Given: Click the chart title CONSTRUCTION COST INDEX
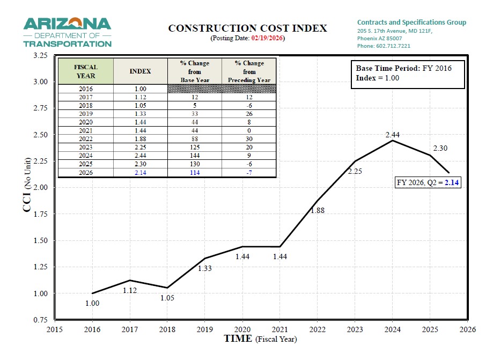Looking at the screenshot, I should point(247,28).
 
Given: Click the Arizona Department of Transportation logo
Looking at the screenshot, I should point(67,32).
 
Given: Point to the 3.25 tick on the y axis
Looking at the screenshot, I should point(40,56).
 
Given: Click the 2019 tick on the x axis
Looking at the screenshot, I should point(204,329).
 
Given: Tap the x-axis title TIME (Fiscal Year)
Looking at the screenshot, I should point(260,339).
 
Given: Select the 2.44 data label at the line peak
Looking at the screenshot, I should point(393,135).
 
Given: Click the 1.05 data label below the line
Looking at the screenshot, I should point(167,298).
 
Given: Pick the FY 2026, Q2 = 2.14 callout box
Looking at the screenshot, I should point(428,182).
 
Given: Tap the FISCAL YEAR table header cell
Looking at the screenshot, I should point(86,71).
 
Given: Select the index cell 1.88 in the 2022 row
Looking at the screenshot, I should point(141,139).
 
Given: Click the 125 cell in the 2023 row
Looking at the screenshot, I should point(194,148).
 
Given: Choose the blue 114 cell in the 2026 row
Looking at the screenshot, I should point(194,173).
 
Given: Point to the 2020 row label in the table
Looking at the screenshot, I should point(86,122).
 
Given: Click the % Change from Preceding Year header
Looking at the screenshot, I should point(249,71).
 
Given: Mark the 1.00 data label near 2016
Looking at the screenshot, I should point(92,303).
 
